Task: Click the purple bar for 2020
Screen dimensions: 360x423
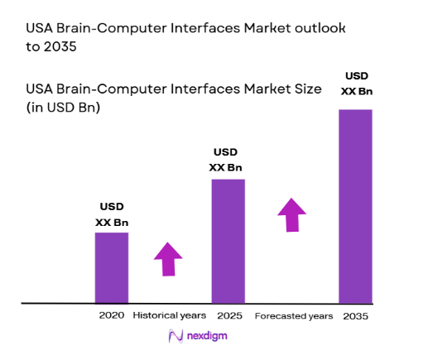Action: (x=111, y=267)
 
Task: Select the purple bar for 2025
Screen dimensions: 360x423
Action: (x=228, y=241)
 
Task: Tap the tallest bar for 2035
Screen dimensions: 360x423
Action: (x=355, y=206)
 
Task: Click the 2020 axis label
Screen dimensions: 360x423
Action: (x=111, y=316)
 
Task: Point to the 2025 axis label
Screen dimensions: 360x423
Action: (x=228, y=316)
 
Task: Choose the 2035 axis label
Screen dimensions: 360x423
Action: (x=355, y=316)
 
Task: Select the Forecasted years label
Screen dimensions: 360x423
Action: (x=294, y=316)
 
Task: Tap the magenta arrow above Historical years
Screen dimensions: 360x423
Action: (x=169, y=258)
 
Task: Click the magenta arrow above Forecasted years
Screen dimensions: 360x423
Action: (x=291, y=214)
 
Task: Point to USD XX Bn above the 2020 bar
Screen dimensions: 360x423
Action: (x=112, y=214)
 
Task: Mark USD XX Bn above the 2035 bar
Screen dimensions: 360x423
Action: (x=355, y=83)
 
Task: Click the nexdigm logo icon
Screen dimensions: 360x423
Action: (x=175, y=337)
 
